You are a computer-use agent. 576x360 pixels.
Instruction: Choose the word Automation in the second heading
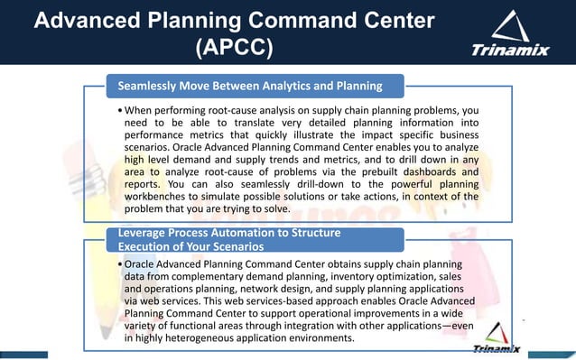point(242,233)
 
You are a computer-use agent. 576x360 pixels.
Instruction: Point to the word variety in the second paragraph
point(144,326)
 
